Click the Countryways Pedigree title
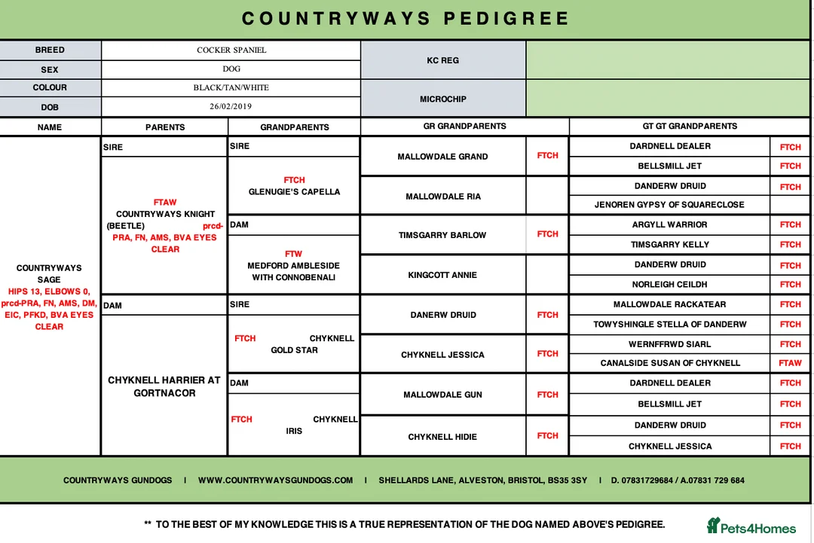click(406, 19)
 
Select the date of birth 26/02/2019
click(231, 107)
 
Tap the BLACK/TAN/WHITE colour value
click(231, 88)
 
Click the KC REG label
click(442, 60)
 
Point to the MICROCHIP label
click(442, 99)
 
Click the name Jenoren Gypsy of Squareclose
click(669, 205)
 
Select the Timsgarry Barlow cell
click(442, 235)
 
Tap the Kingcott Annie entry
click(442, 275)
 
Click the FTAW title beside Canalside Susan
click(790, 363)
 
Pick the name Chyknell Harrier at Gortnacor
click(164, 386)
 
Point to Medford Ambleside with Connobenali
click(294, 272)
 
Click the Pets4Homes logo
click(751, 526)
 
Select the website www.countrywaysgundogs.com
click(275, 480)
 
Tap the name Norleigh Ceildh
click(669, 285)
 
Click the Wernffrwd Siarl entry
click(669, 344)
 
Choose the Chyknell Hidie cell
click(442, 437)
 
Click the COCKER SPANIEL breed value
click(231, 50)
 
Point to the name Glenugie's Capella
click(294, 192)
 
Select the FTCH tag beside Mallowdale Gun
click(547, 395)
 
